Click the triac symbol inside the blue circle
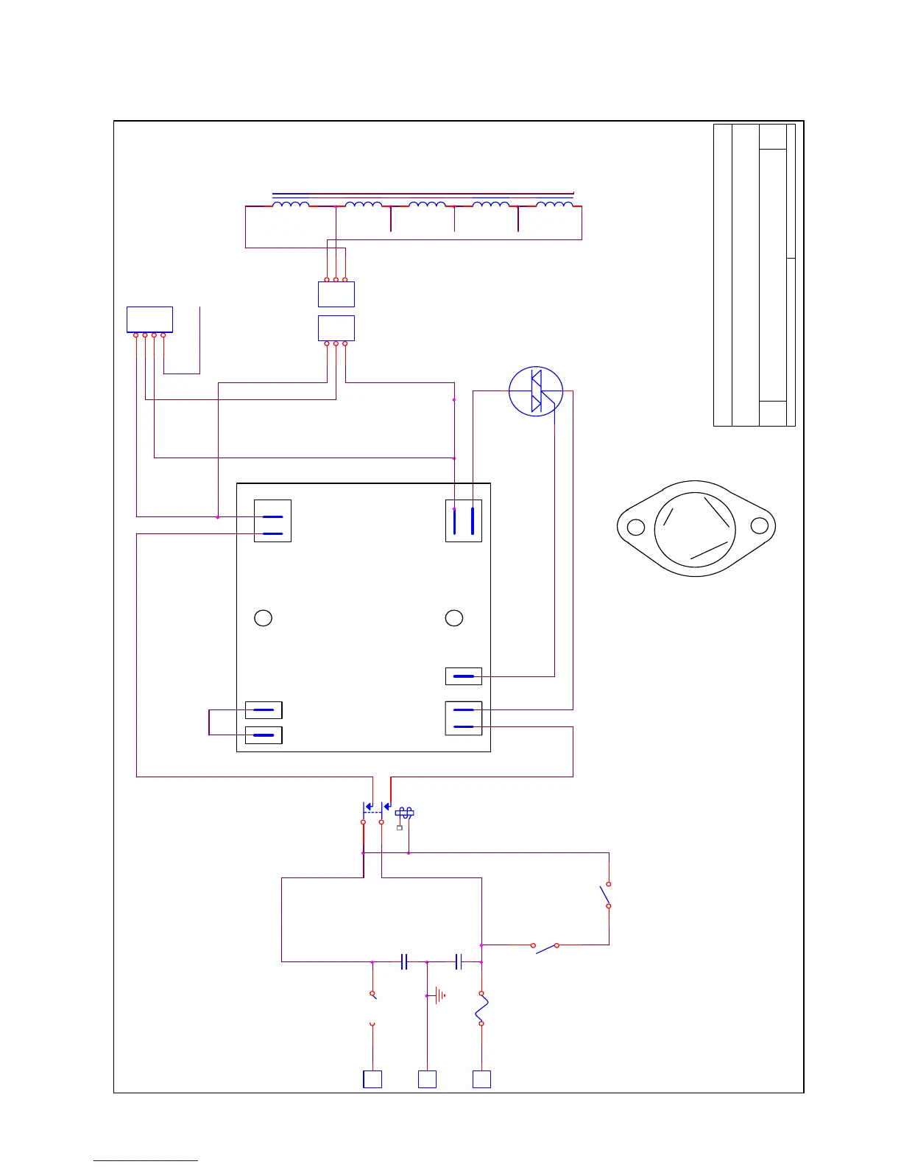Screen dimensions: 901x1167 [536, 391]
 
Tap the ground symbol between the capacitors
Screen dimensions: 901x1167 [439, 996]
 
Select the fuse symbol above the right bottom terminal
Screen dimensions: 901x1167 [481, 1008]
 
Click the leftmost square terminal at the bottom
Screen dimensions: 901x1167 [372, 1079]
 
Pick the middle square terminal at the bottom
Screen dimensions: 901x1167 [427, 1079]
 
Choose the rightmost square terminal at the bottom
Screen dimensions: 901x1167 [481, 1079]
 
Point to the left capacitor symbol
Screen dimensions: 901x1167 [404, 961]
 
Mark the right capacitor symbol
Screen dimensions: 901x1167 [458, 961]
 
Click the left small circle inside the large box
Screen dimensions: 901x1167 [263, 618]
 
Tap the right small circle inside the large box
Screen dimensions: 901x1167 [454, 618]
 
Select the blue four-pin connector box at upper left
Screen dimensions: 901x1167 [149, 320]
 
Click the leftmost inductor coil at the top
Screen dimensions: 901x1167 [291, 205]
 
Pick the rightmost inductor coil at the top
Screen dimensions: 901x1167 [554, 205]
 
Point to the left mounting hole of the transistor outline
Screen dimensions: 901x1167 [636, 527]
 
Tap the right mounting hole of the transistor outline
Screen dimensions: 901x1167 [759, 526]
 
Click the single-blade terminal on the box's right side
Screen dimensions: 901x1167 [464, 676]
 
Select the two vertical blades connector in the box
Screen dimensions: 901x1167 [464, 521]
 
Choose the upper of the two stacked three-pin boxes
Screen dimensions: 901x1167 [336, 294]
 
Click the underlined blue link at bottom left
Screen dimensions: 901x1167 [146, 1160]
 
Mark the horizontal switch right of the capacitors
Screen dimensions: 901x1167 [545, 947]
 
